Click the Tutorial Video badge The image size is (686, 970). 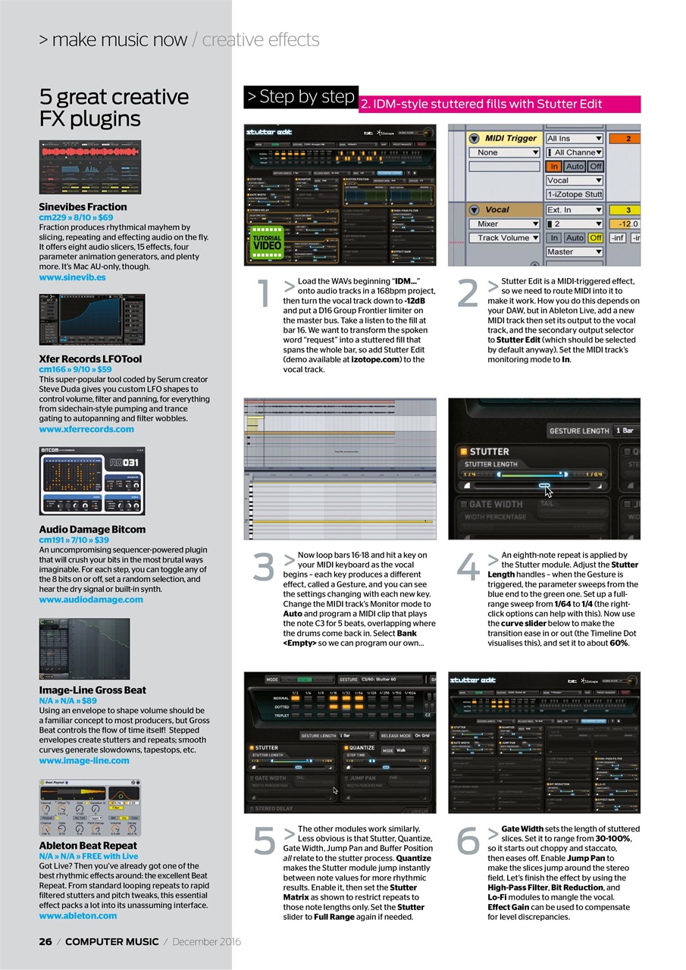point(267,242)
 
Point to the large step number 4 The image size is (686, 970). point(468,568)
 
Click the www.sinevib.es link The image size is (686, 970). point(72,277)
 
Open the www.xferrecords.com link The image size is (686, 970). point(86,429)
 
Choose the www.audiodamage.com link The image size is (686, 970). point(91,599)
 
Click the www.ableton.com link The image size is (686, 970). point(78,915)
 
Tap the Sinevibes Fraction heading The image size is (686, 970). point(83,206)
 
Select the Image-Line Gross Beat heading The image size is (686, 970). point(92,690)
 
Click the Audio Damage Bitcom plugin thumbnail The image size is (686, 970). point(91,480)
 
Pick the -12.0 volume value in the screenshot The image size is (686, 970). point(628,224)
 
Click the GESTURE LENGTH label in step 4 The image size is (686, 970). point(579,430)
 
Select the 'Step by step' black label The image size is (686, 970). point(300,97)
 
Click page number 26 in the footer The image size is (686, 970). point(45,941)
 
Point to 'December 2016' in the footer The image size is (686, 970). point(206,941)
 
